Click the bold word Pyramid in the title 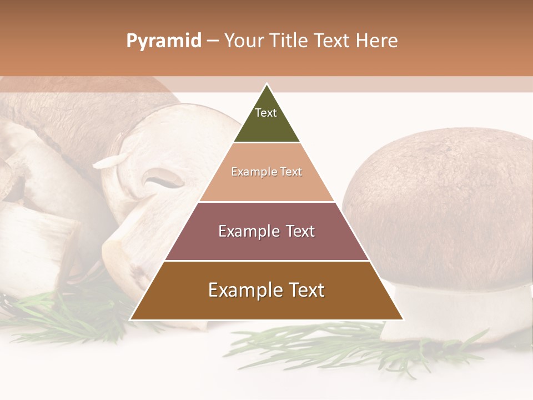point(163,41)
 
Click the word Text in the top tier point(266,113)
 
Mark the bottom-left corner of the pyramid point(131,319)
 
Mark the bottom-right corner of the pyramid point(403,319)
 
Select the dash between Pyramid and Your point(212,41)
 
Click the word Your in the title point(243,41)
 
